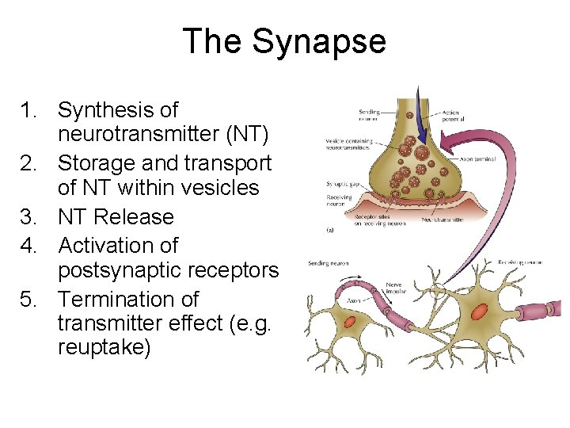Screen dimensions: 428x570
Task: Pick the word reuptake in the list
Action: click(x=104, y=347)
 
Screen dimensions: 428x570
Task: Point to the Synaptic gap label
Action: click(x=342, y=184)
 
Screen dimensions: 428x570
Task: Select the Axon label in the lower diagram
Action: click(x=354, y=301)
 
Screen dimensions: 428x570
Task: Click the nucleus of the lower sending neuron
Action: click(x=350, y=321)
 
